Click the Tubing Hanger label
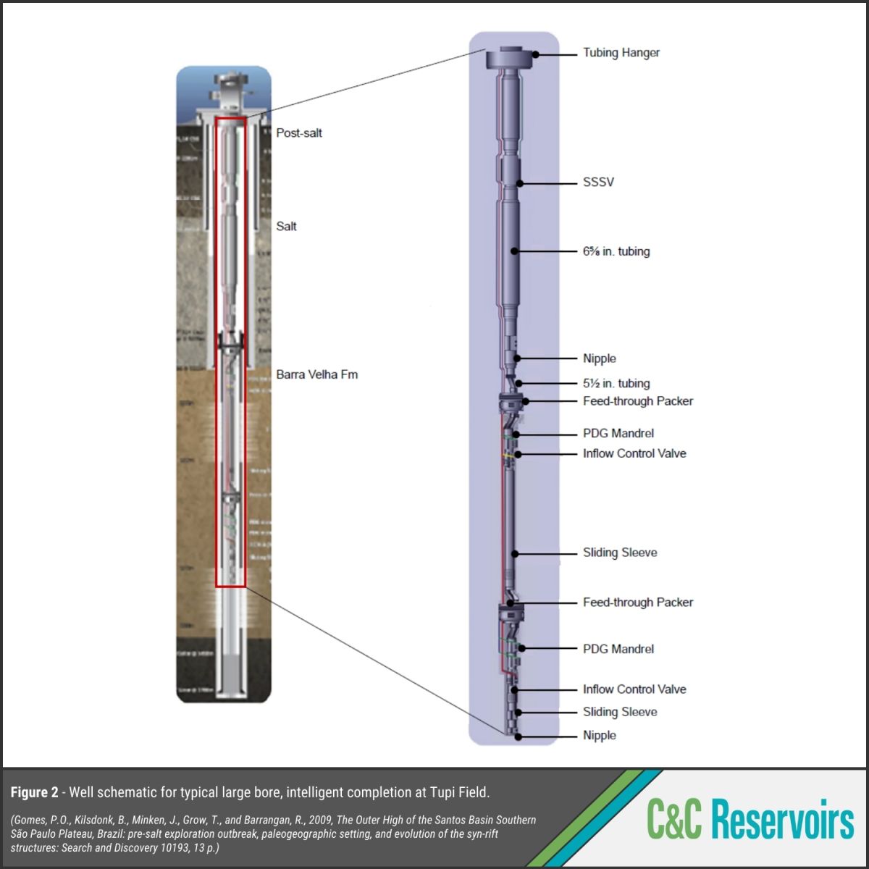tap(621, 53)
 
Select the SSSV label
tap(598, 182)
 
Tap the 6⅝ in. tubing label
tap(616, 251)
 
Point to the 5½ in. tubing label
tap(616, 383)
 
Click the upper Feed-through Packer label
tap(637, 401)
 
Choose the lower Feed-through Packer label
tap(637, 602)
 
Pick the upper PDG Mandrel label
tap(618, 433)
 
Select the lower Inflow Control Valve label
tap(634, 689)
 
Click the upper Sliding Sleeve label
tap(620, 553)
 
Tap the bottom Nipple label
tap(599, 736)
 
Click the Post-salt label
tap(299, 133)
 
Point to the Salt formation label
tap(286, 227)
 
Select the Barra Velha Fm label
tap(316, 374)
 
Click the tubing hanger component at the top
tap(509, 58)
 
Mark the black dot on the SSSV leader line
tap(520, 183)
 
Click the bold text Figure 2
tap(34, 792)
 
